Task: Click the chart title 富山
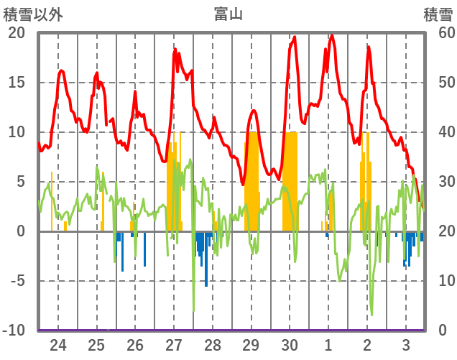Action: pyautogui.click(x=228, y=14)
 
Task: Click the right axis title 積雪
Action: pyautogui.click(x=436, y=14)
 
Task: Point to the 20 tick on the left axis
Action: pyautogui.click(x=17, y=33)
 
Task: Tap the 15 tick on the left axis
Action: pyautogui.click(x=17, y=83)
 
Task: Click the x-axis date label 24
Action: pyautogui.click(x=58, y=344)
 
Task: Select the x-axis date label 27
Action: pyautogui.click(x=175, y=344)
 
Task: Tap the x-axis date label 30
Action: pyautogui.click(x=290, y=344)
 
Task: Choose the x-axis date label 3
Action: pyautogui.click(x=405, y=344)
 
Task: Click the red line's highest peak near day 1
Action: pyautogui.click(x=331, y=35)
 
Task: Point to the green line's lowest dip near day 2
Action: pyautogui.click(x=371, y=314)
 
